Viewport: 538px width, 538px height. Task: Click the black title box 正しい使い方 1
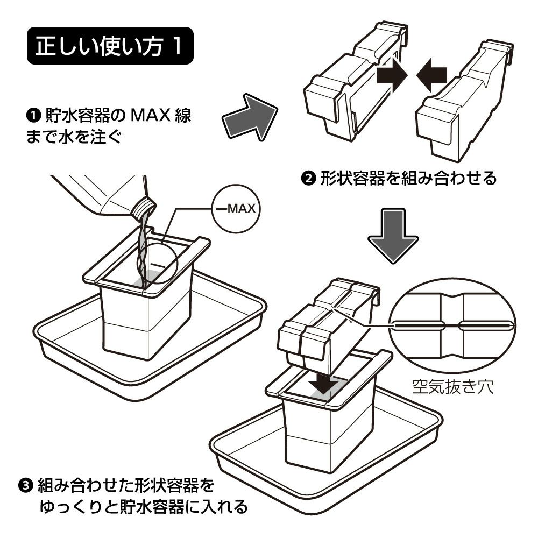[x=110, y=46]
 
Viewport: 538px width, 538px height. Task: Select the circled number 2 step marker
[x=308, y=179]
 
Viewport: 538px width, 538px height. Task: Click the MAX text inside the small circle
[x=242, y=209]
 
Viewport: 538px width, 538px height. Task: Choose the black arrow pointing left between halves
[x=431, y=75]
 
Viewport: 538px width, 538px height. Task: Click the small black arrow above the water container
[x=322, y=385]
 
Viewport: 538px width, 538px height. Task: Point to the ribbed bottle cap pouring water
[x=144, y=207]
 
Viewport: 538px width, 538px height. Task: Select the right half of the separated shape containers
[x=464, y=101]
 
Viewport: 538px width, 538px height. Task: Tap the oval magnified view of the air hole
[x=452, y=325]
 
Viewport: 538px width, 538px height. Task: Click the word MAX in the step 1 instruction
[x=151, y=116]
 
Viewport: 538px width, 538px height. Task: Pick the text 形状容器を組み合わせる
[x=409, y=179]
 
